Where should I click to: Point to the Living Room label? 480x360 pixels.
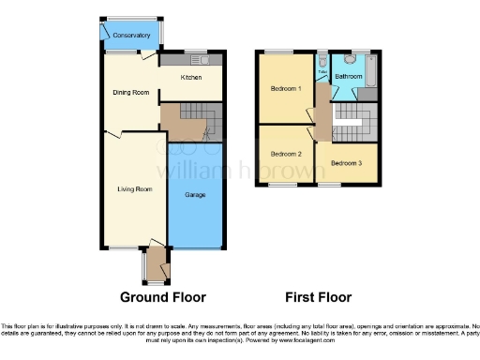point(134,189)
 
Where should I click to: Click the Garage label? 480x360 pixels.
point(195,195)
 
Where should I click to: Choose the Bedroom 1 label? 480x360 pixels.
point(286,88)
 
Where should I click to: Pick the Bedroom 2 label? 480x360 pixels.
point(286,153)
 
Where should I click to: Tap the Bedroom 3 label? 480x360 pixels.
point(347,163)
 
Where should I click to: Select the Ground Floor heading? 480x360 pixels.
point(162,297)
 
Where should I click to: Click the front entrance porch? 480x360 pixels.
point(155,264)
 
